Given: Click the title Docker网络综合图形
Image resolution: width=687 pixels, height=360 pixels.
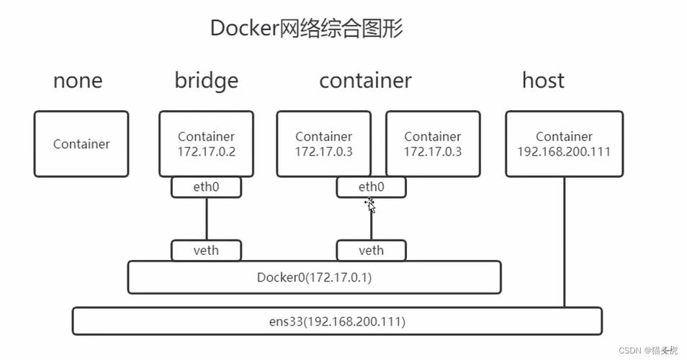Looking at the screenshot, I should click(306, 28).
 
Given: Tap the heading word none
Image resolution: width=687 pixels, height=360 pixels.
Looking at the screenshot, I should click(78, 80).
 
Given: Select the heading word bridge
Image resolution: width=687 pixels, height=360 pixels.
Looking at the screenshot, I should click(206, 80).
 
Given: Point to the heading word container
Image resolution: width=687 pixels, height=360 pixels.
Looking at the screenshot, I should click(365, 80).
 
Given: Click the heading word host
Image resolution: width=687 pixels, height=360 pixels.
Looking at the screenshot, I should click(543, 80).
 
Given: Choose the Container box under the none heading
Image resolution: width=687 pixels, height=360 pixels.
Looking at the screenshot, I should click(81, 144).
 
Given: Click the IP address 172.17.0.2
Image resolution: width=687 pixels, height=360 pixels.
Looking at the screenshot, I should click(206, 152).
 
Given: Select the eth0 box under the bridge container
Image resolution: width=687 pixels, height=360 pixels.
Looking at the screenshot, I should click(206, 187).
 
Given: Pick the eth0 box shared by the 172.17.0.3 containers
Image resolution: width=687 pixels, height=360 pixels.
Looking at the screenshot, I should click(371, 187).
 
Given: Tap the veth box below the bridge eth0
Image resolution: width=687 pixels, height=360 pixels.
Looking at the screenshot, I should click(206, 251).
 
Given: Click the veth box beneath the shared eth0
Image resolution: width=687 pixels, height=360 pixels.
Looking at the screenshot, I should click(371, 251).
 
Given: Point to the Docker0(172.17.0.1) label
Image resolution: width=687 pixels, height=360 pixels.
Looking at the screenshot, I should click(314, 277).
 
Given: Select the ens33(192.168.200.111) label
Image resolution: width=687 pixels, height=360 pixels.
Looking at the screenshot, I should click(337, 321).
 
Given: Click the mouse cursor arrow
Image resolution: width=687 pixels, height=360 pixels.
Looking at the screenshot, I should click(370, 206).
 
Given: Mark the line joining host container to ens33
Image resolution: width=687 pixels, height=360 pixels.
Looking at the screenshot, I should click(564, 241).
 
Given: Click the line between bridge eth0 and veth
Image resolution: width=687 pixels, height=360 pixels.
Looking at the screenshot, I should click(207, 219).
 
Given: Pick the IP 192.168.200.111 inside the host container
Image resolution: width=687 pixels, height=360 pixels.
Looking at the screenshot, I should click(564, 152).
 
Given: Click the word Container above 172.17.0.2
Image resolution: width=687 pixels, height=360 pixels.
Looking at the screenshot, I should click(206, 137).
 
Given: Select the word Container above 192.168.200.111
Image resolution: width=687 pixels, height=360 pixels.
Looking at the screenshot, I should click(564, 137).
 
